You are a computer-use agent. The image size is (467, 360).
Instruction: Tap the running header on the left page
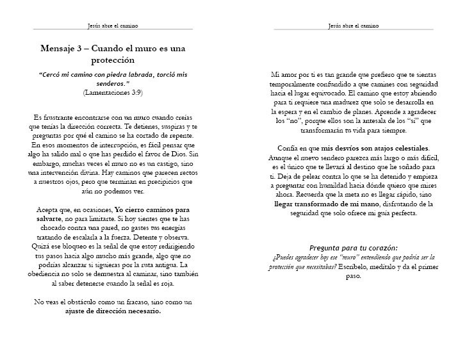click(113, 26)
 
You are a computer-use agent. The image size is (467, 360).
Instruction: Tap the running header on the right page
click(353, 26)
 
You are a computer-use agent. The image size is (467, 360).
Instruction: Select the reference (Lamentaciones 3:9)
click(113, 92)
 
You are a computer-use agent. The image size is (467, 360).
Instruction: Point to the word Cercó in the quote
click(53, 74)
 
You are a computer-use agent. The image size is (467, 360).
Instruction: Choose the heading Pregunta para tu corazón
click(353, 247)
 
